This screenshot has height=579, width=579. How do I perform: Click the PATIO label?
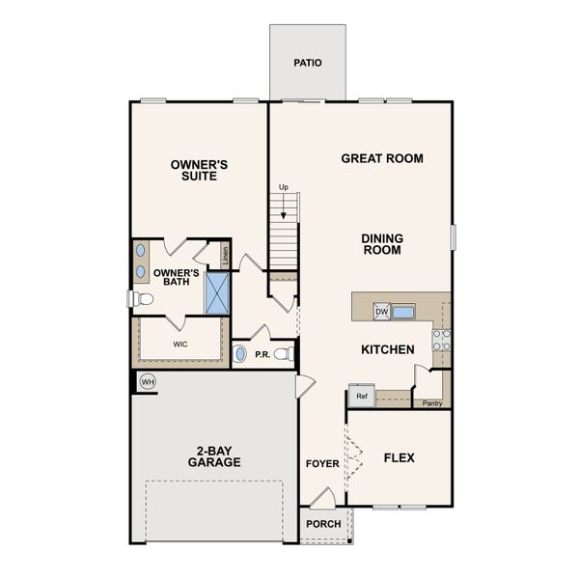click(307, 64)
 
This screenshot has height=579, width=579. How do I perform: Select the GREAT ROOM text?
click(382, 158)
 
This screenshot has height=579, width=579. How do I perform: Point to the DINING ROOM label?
click(382, 244)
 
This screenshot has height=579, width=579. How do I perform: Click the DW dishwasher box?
click(381, 312)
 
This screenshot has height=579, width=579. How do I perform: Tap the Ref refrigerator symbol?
click(362, 397)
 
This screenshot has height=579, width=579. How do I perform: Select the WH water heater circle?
click(148, 381)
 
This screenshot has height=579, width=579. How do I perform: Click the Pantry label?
click(432, 403)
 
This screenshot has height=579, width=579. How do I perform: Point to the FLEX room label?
click(399, 457)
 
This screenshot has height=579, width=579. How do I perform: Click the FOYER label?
click(322, 464)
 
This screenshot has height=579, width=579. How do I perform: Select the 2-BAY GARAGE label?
click(214, 455)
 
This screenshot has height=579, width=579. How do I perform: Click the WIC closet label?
click(179, 344)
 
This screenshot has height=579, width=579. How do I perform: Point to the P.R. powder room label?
click(262, 355)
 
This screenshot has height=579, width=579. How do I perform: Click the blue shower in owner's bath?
click(217, 293)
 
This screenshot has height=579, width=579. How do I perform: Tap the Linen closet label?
click(225, 256)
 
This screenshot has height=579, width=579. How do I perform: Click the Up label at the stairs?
click(284, 187)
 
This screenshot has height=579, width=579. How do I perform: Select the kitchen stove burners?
click(441, 340)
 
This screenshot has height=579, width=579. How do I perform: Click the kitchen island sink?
click(402, 312)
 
